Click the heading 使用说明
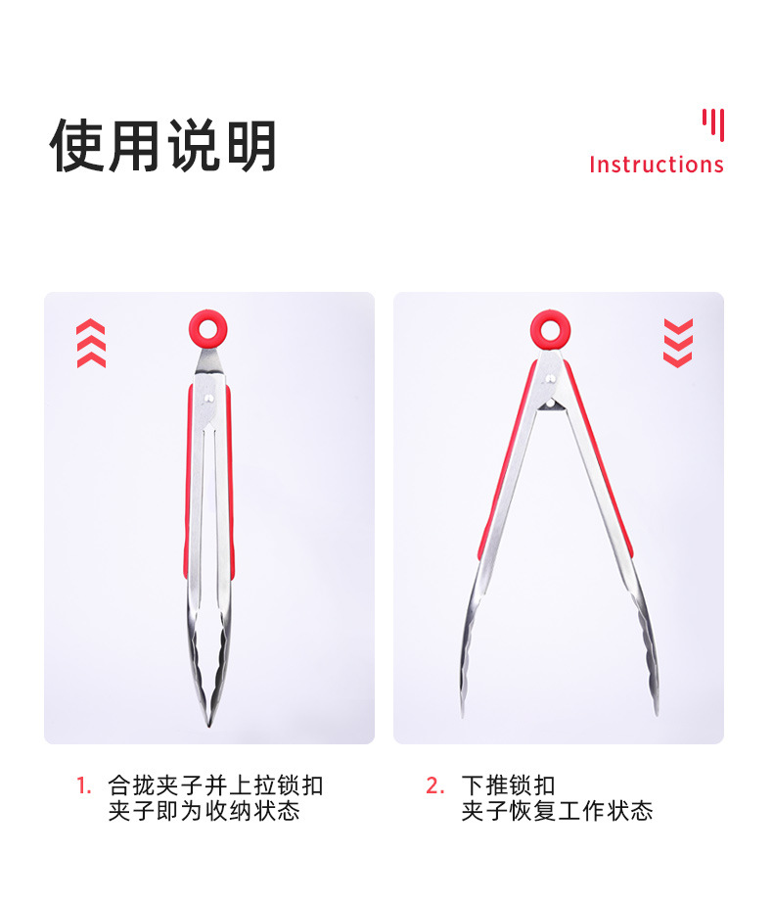click(x=163, y=146)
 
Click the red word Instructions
click(x=657, y=165)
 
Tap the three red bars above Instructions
click(x=713, y=125)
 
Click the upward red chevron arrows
click(x=91, y=343)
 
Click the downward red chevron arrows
click(x=678, y=343)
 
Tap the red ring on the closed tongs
click(x=207, y=341)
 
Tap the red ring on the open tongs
click(x=551, y=341)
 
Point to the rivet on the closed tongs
click(x=209, y=398)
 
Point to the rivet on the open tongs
click(x=551, y=378)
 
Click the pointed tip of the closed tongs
click(x=208, y=726)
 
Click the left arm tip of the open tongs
click(x=462, y=716)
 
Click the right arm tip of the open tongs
click(x=657, y=714)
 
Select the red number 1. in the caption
click(x=84, y=785)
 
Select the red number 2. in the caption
click(x=435, y=785)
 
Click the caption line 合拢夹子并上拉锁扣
click(x=215, y=785)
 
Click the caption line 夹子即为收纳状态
click(x=204, y=811)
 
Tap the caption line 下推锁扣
click(x=509, y=785)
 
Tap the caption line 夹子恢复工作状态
click(x=557, y=811)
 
